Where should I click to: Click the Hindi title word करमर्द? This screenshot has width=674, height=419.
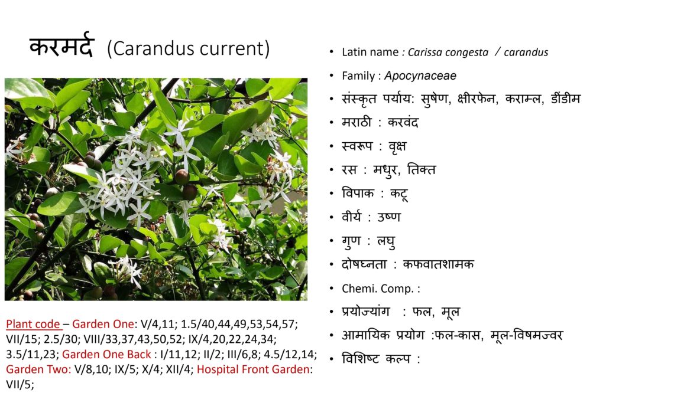[x=61, y=45]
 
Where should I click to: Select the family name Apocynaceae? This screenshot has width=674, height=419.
[x=420, y=76]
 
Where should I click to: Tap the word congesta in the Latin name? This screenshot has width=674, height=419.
[x=467, y=53]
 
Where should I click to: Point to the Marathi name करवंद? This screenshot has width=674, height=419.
[x=403, y=122]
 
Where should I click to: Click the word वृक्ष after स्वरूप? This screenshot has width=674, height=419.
[x=397, y=146]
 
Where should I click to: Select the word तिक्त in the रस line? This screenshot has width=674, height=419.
[x=421, y=169]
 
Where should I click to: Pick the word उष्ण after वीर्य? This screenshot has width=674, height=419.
[x=388, y=217]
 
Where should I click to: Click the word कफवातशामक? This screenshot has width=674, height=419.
[x=438, y=264]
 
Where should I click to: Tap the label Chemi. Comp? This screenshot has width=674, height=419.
[x=378, y=289]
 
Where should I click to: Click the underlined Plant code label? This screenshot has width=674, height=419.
[x=33, y=324]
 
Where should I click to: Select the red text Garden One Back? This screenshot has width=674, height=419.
[x=106, y=355]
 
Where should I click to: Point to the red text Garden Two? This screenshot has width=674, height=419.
[x=37, y=369]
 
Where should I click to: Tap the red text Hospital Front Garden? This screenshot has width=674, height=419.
[x=254, y=369]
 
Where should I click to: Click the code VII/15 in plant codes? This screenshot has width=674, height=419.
[x=21, y=340]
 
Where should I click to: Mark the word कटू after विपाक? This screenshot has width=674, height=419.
[x=398, y=194]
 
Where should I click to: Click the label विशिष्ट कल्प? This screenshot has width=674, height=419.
[x=376, y=359]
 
